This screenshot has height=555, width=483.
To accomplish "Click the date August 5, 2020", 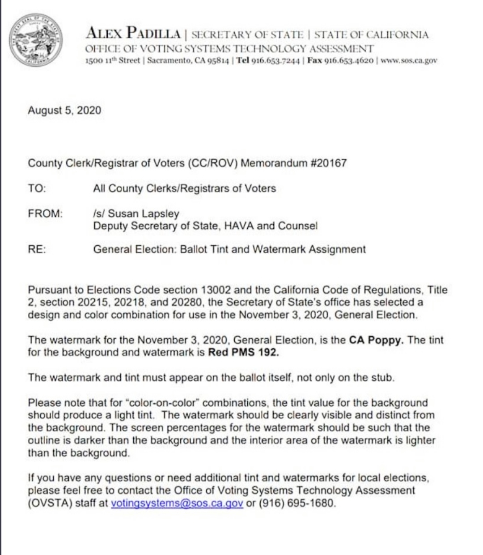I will pos(64,110).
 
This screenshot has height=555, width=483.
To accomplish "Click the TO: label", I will pos(37,188).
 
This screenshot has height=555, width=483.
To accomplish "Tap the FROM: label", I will pos(45,213).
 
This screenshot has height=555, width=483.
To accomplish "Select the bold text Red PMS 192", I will pos(244,352).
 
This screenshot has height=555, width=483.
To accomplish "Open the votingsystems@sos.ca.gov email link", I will pos(177,503).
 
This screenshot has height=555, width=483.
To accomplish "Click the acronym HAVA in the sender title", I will pos(239,226).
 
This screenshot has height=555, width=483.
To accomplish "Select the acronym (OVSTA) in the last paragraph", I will pos(49,503).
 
